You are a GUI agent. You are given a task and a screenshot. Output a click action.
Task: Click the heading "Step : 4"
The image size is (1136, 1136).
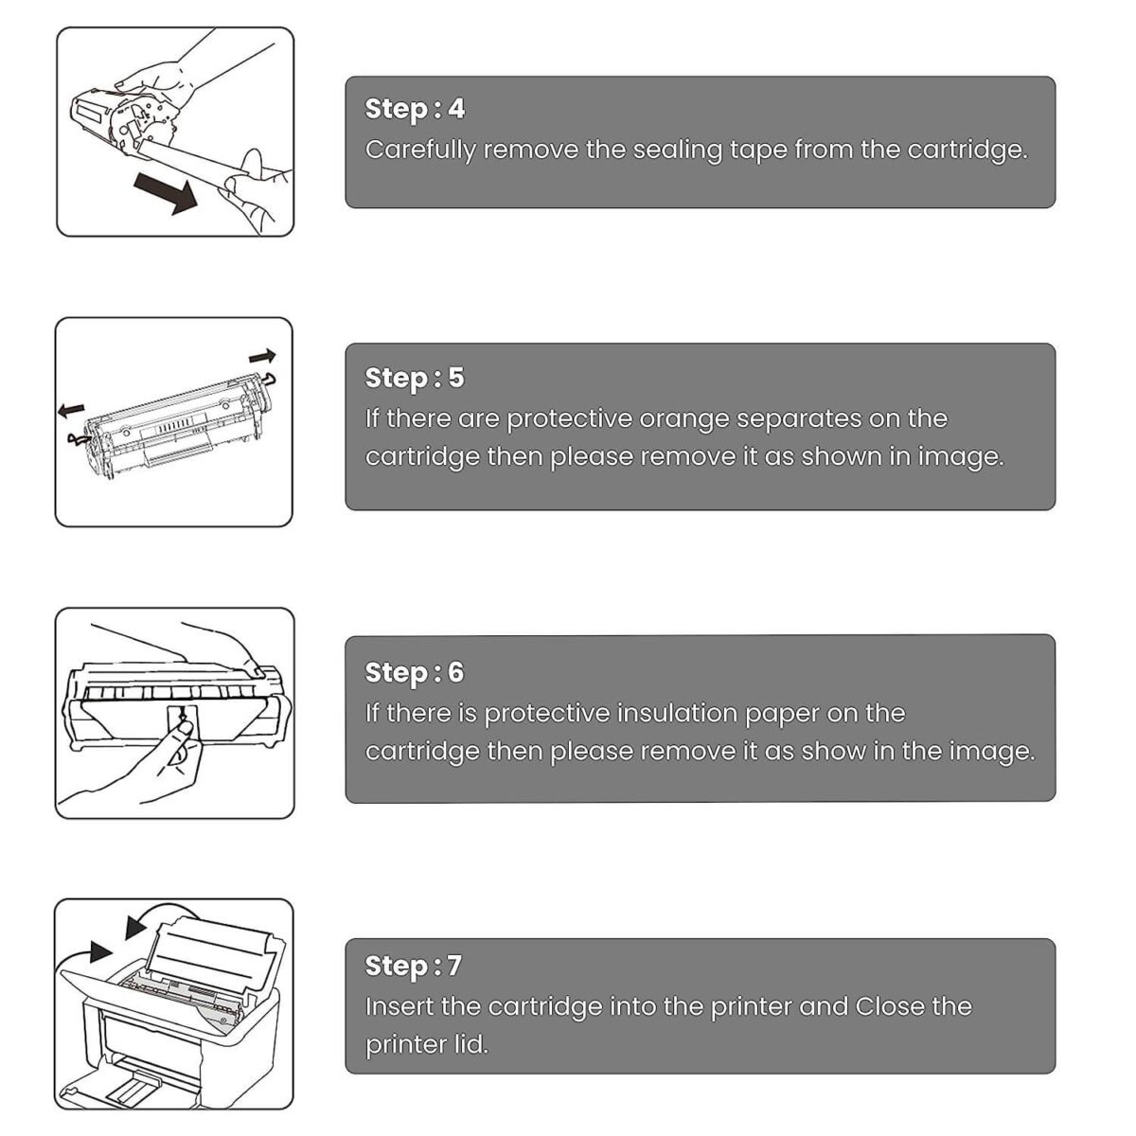click(415, 110)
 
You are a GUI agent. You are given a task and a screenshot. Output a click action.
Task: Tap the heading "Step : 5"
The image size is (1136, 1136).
click(415, 379)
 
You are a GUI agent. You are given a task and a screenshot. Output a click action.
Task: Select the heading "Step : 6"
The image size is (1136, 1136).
click(415, 673)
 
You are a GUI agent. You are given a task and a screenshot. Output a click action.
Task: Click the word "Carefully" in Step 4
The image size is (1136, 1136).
click(420, 151)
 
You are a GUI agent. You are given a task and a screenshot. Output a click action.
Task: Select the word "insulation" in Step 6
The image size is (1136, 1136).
click(677, 714)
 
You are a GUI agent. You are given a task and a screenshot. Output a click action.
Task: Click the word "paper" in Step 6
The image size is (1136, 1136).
click(782, 715)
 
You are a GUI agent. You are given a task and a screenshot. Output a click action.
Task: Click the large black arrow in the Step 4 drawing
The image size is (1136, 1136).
click(166, 193)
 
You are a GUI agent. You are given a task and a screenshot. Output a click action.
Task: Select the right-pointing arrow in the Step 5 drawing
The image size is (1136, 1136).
click(261, 356)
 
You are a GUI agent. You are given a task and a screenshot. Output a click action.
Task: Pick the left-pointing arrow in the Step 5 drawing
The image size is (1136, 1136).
click(71, 410)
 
